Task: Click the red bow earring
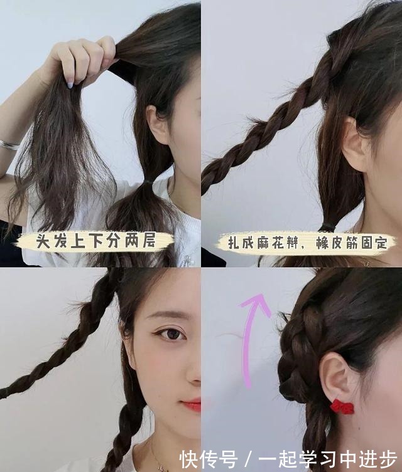[342, 406]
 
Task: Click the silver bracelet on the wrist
[9, 145]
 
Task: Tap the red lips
[192, 405]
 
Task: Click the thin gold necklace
[155, 451]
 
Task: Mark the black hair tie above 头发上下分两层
[148, 182]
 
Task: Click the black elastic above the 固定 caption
[328, 227]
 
